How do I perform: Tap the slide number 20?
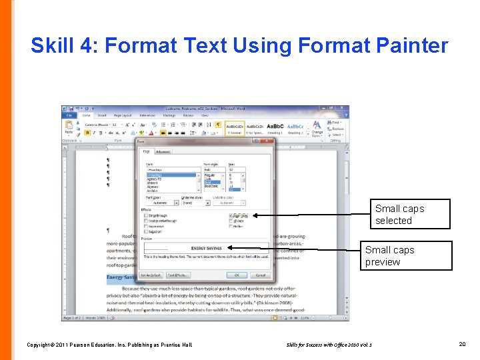tap(463, 344)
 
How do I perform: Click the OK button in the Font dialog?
tap(237, 275)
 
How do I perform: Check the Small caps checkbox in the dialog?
tap(231, 216)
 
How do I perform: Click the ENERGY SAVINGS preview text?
tap(206, 248)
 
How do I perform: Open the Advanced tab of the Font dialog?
tap(163, 151)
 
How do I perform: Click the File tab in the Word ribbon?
tap(69, 115)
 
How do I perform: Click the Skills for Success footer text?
tap(329, 345)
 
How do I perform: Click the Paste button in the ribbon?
tap(69, 128)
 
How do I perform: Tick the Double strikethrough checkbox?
tap(145, 221)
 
